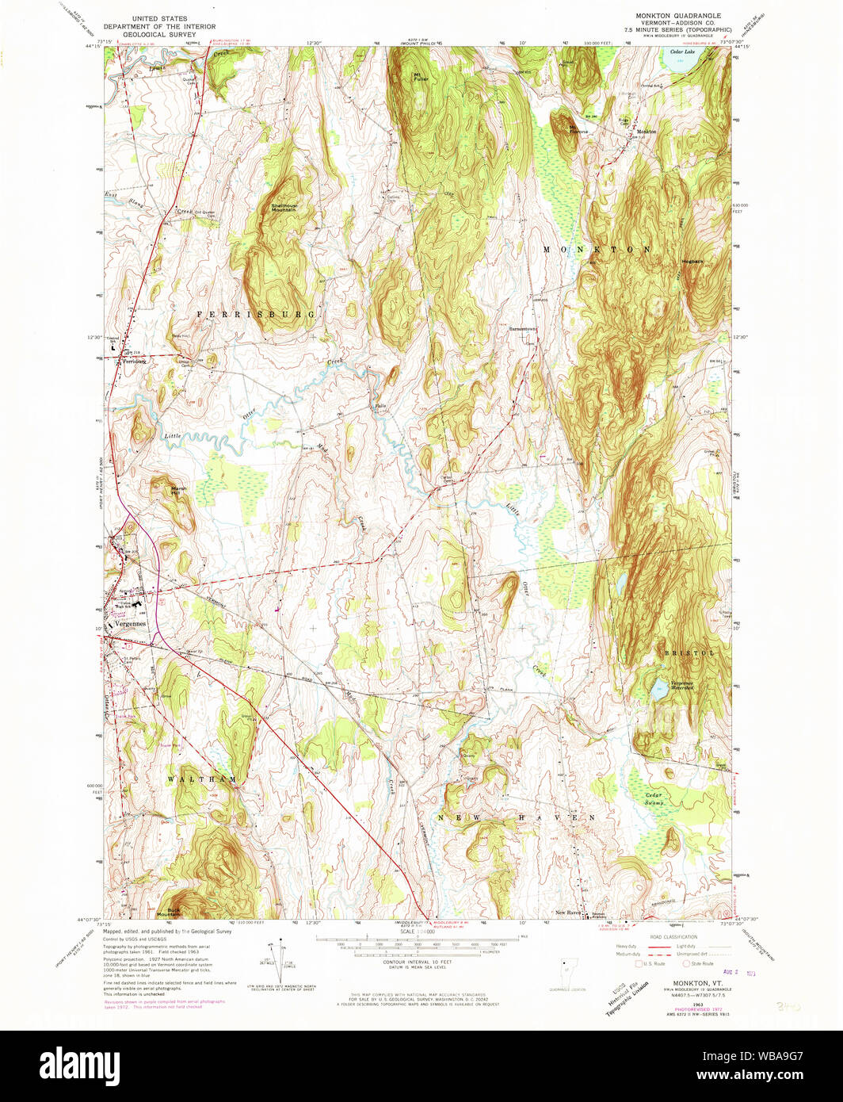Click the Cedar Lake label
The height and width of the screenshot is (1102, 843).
pyautogui.click(x=682, y=52)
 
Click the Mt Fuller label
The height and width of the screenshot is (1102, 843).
pyautogui.click(x=420, y=77)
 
